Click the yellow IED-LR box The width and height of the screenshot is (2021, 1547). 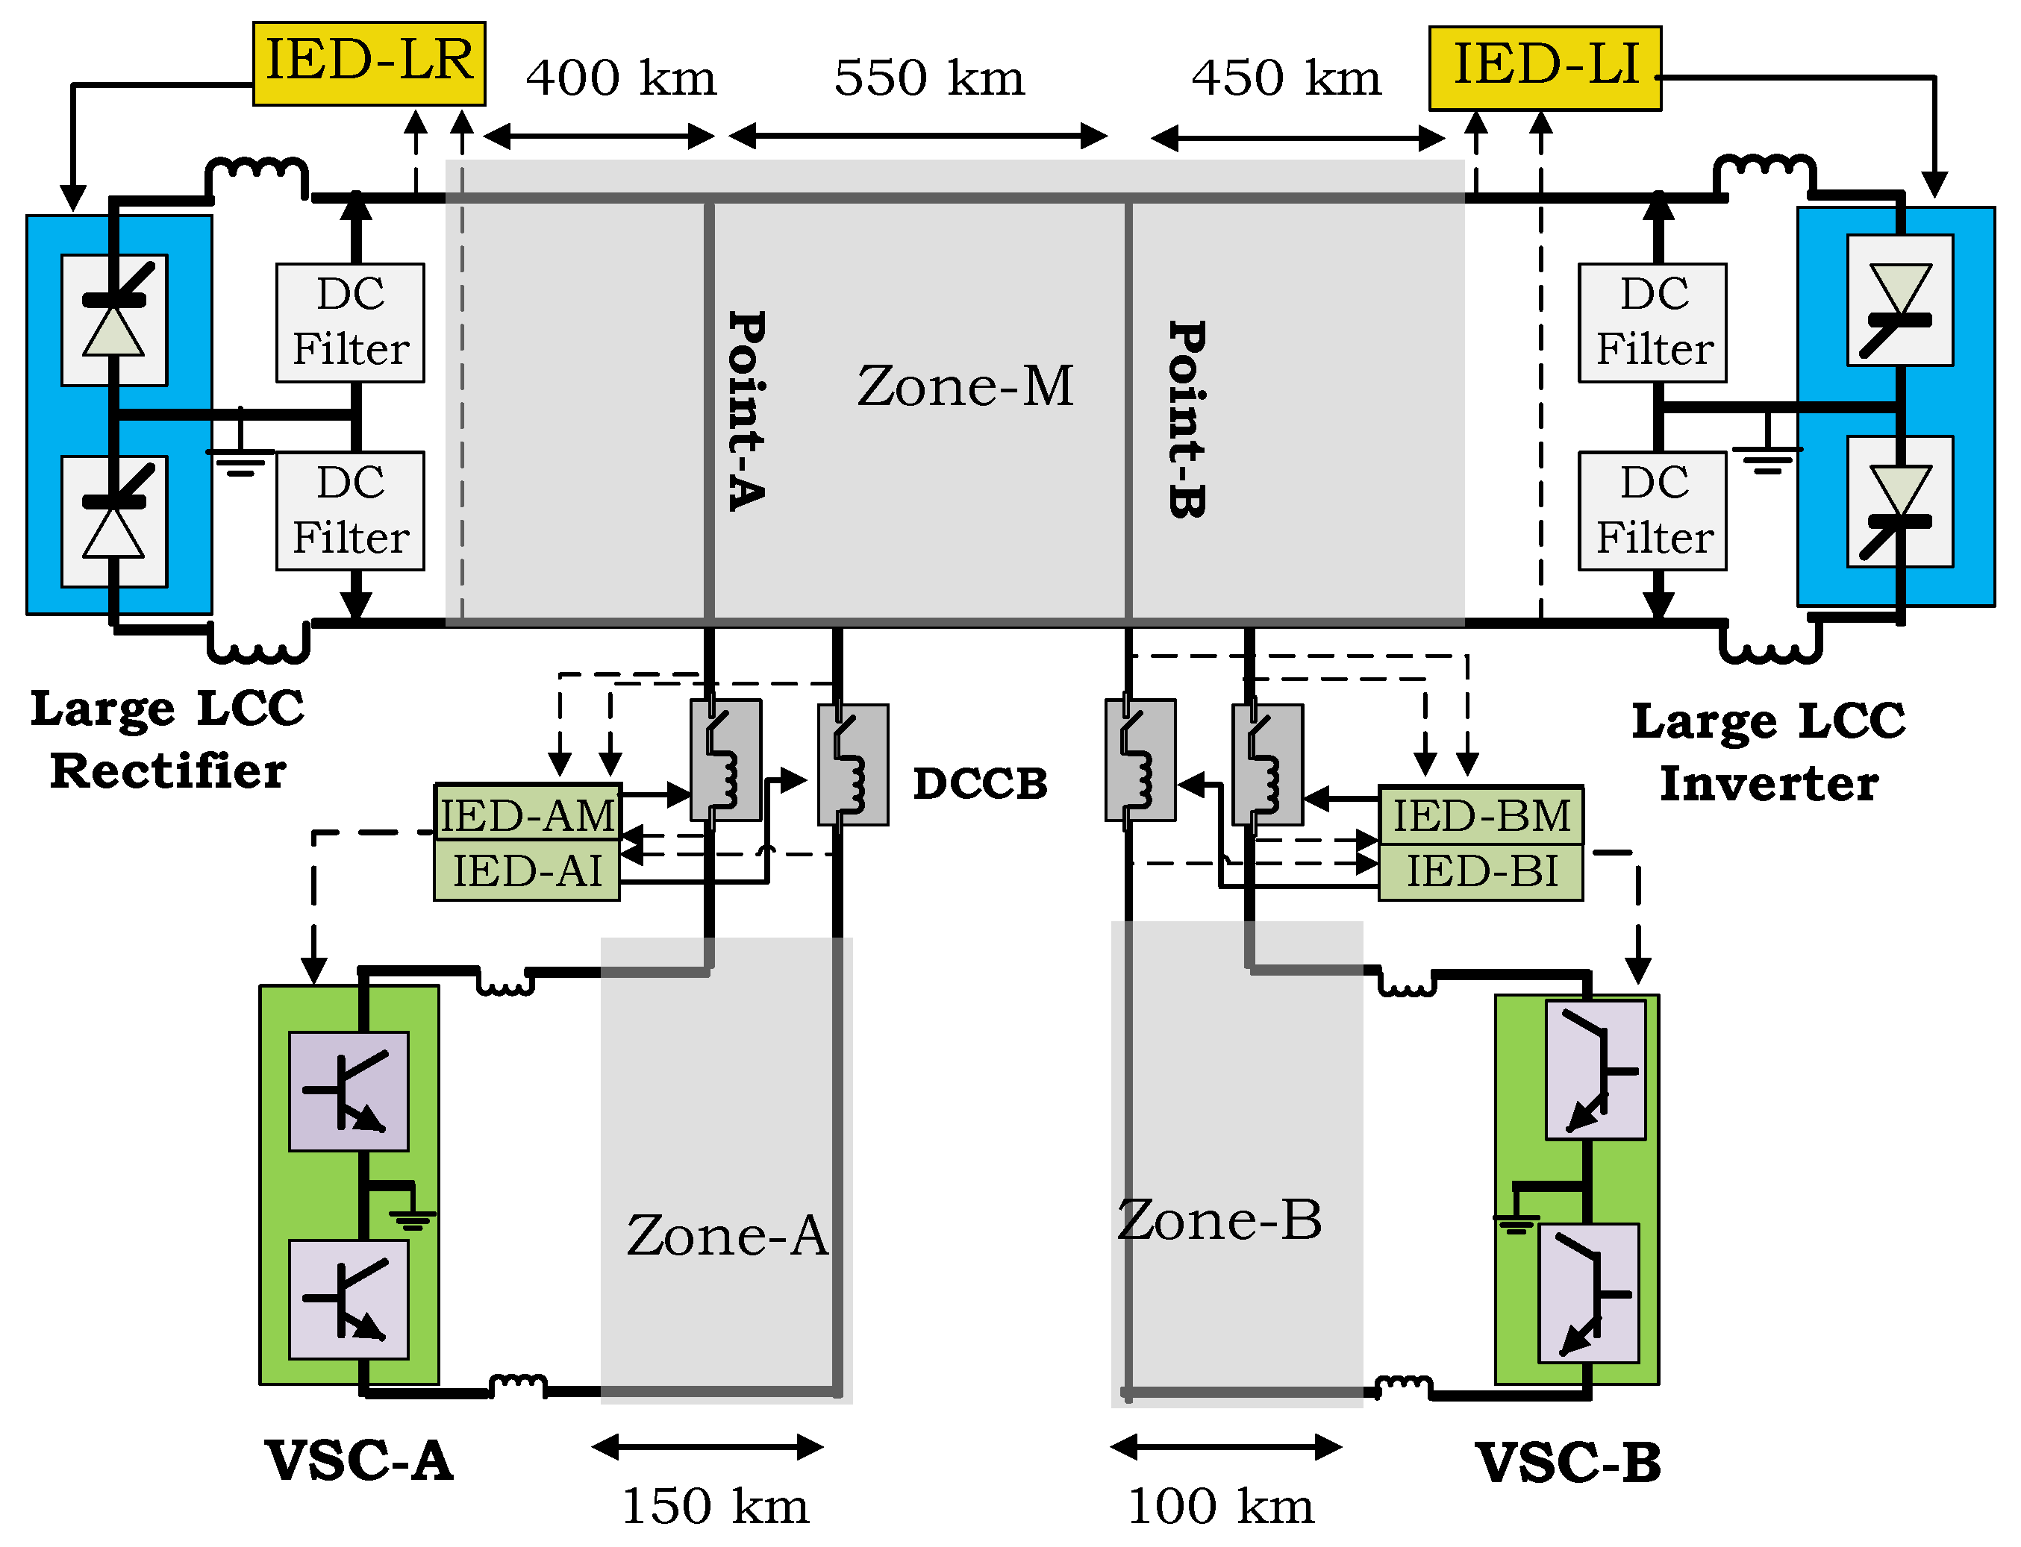[369, 63]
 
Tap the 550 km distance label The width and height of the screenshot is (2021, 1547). [928, 78]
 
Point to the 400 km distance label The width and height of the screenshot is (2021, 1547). [620, 78]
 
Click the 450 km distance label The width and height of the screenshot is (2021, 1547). [1286, 78]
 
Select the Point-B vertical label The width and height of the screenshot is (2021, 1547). [1187, 419]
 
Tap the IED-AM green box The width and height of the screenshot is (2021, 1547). [527, 814]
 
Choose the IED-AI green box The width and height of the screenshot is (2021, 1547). [527, 870]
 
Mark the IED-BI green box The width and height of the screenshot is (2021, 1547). [1480, 870]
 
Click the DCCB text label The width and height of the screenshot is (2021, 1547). [980, 784]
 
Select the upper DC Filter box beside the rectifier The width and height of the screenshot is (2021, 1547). [350, 322]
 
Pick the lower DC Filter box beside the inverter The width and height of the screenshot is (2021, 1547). [1652, 510]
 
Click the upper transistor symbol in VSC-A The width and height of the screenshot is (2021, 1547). [349, 1091]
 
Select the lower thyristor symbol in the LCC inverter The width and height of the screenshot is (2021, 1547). [1899, 502]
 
